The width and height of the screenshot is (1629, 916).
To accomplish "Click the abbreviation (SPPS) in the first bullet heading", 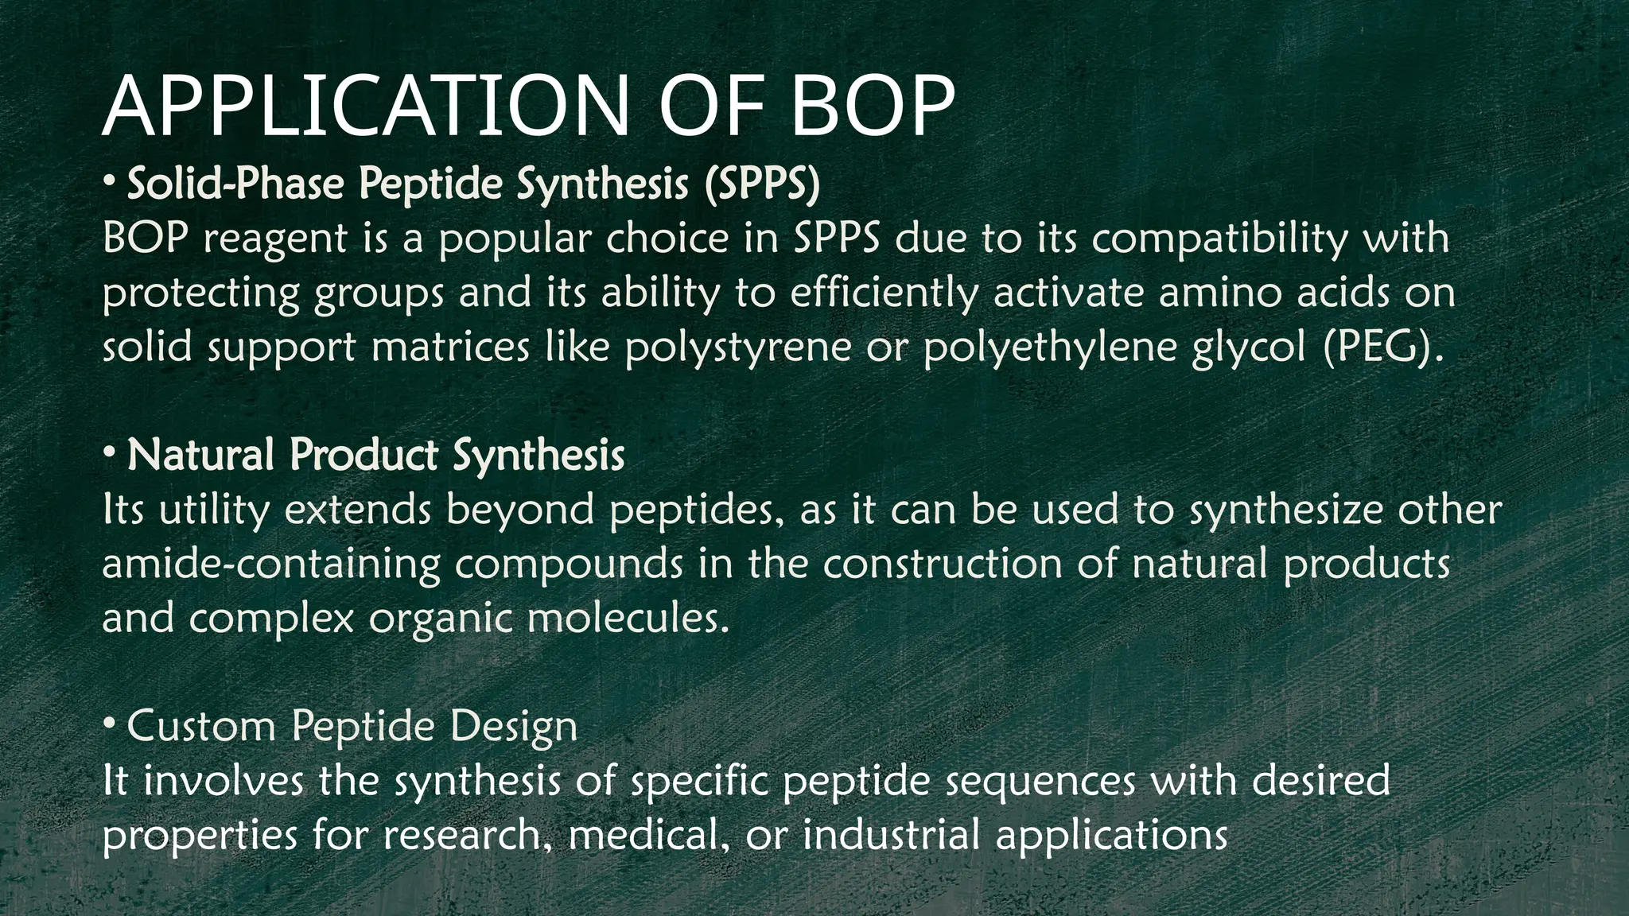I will pos(761,184).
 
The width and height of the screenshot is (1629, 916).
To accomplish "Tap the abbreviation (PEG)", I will pos(1382,348).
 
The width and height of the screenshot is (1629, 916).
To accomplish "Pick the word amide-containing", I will pos(271,565).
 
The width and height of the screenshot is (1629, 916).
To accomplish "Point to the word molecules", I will pos(628,619).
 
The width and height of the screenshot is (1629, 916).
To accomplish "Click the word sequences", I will pos(1040,781).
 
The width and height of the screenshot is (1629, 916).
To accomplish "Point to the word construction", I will pos(942,565).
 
